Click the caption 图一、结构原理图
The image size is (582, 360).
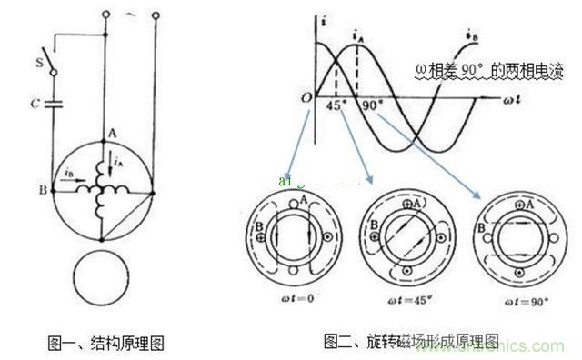pyautogui.click(x=107, y=344)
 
